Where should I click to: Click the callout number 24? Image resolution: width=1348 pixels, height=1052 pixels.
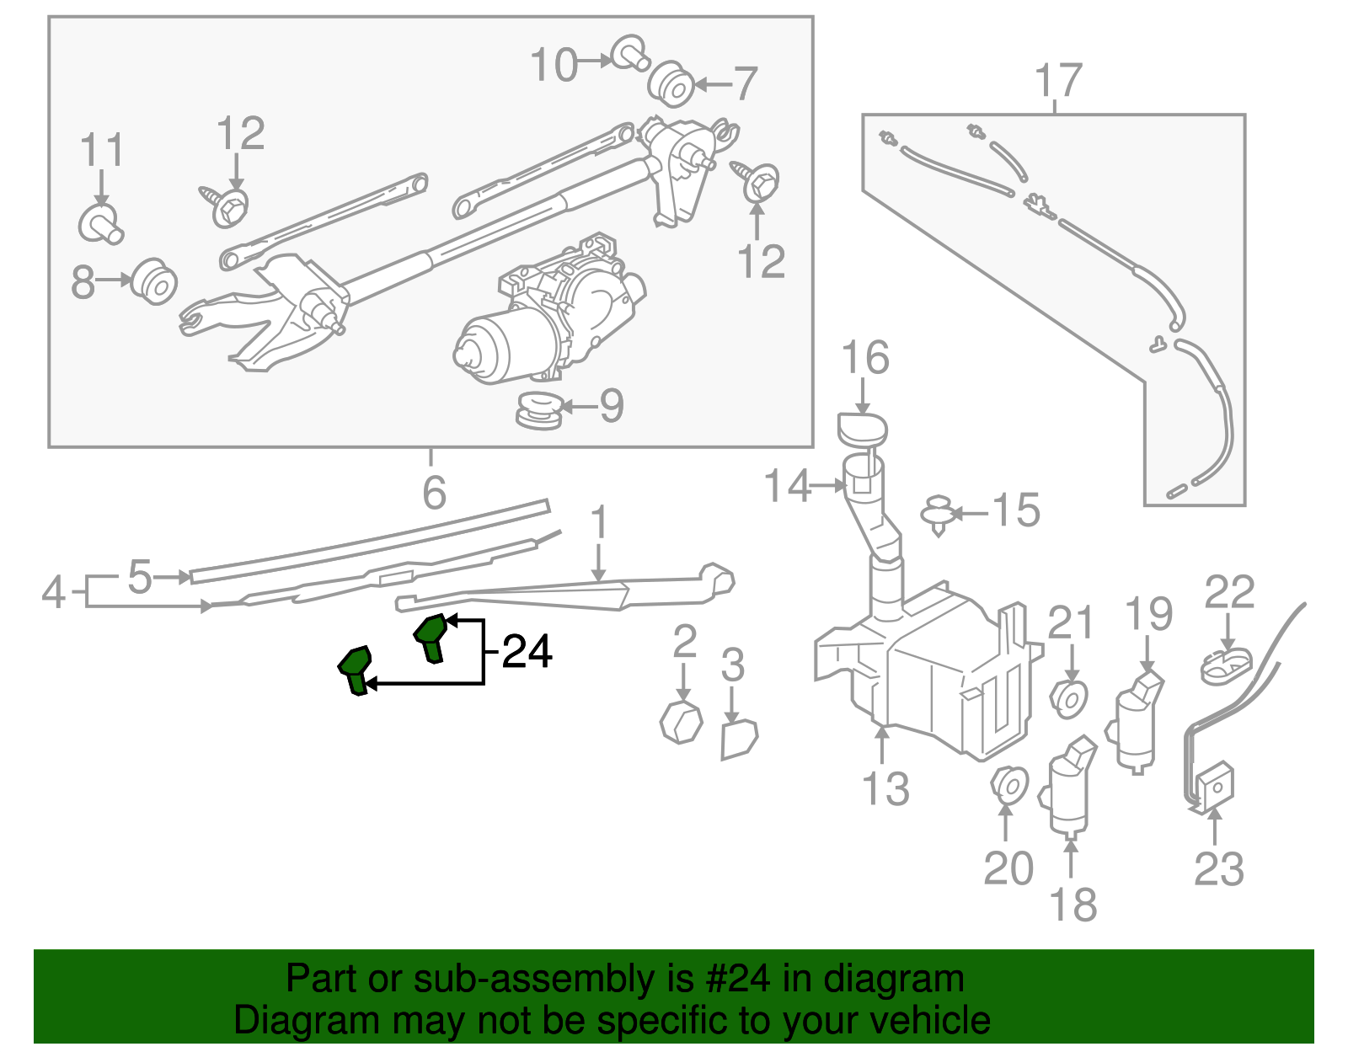(527, 652)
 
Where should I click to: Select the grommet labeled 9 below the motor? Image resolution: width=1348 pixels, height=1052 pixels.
(539, 409)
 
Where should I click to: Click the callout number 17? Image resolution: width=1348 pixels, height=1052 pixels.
(1057, 81)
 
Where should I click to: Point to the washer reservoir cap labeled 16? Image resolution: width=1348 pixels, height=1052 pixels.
(862, 429)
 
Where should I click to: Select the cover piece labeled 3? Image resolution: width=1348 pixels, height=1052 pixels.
(739, 739)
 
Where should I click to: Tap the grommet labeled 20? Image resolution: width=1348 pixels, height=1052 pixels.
(1008, 785)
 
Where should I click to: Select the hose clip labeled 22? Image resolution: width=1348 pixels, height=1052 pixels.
(1226, 665)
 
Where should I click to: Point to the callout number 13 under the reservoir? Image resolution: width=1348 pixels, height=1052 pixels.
(885, 789)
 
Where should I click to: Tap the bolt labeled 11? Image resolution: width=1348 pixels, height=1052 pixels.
(101, 222)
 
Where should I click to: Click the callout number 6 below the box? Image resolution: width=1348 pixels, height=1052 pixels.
(434, 493)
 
